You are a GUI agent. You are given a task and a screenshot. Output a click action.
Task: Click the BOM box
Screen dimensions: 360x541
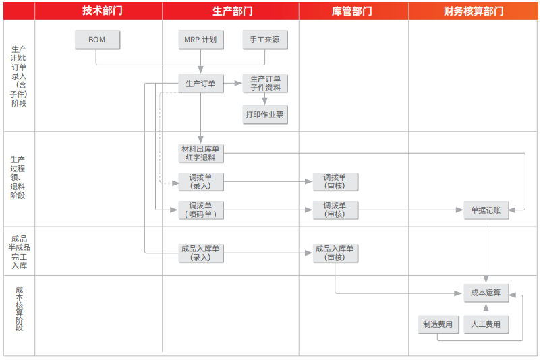click(x=97, y=40)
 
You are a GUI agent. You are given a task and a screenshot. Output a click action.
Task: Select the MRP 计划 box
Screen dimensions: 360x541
click(x=200, y=40)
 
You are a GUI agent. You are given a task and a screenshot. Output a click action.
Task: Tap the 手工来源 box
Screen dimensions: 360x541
click(x=264, y=40)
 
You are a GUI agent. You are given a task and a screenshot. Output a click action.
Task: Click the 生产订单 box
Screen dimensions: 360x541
click(x=200, y=84)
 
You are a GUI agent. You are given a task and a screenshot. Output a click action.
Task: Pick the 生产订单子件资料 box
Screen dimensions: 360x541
click(x=264, y=84)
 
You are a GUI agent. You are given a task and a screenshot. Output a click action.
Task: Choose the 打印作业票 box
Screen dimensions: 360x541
click(x=264, y=115)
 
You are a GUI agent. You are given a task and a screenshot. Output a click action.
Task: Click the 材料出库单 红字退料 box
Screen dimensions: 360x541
click(x=200, y=153)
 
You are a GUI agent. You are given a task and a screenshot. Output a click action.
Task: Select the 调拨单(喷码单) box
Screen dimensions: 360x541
click(x=200, y=210)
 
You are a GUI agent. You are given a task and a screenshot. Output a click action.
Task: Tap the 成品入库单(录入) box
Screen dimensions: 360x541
click(x=200, y=253)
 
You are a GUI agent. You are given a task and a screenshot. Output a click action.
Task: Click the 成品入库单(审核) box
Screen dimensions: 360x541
click(x=335, y=253)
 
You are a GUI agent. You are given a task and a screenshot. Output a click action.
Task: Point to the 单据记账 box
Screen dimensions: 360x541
click(x=486, y=210)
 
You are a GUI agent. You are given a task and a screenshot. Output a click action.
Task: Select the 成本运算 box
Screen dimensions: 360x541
click(x=486, y=293)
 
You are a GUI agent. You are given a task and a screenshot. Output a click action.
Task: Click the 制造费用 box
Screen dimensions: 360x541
click(x=438, y=324)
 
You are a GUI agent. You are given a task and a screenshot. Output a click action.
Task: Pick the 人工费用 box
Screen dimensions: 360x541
click(x=486, y=324)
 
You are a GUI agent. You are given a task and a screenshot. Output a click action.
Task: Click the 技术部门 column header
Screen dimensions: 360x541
click(x=98, y=11)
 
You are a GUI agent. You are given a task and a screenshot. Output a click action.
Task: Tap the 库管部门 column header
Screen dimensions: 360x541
click(x=353, y=11)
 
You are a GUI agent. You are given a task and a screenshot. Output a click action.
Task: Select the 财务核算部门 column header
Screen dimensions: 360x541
click(x=474, y=11)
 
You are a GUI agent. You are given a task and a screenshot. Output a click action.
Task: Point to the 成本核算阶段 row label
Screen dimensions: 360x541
click(x=19, y=309)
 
